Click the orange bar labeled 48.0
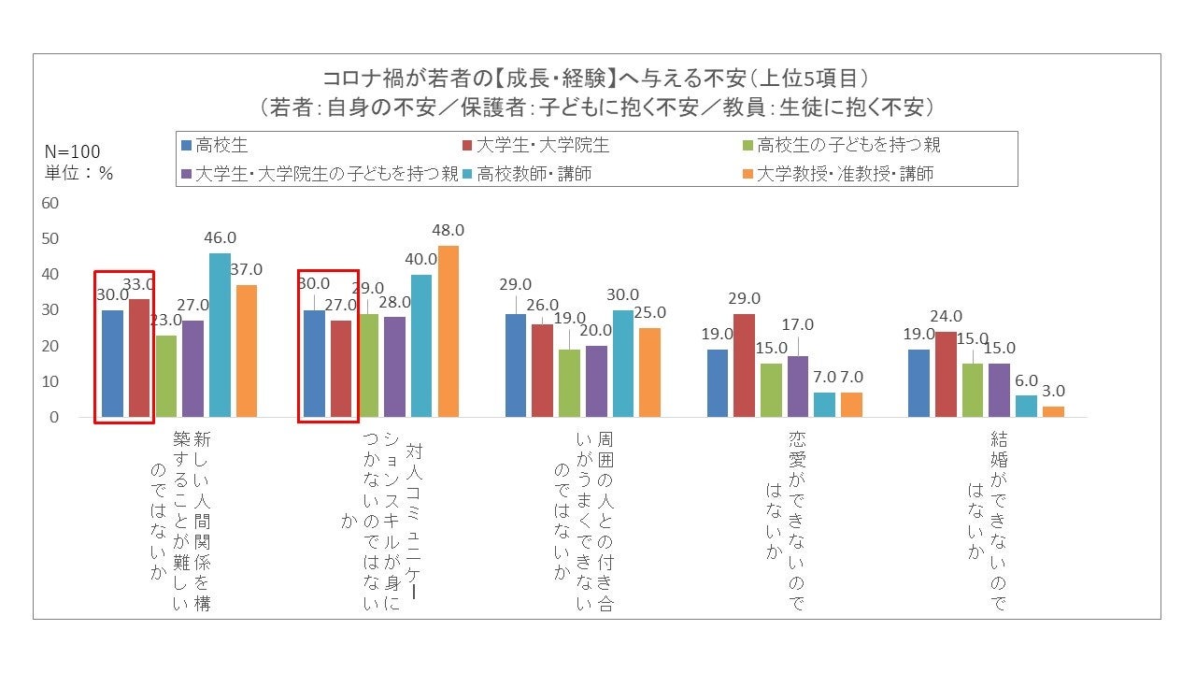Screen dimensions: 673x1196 tap(448, 331)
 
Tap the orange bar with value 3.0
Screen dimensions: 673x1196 tap(1053, 411)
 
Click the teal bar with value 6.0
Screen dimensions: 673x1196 tap(1026, 406)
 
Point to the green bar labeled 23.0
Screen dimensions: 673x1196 tap(166, 376)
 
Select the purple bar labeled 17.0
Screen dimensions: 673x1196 tap(799, 386)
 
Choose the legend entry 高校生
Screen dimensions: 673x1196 tap(216, 146)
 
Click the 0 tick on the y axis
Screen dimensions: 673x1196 tap(54, 418)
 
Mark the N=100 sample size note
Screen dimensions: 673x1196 tap(73, 152)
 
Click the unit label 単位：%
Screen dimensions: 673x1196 tap(78, 173)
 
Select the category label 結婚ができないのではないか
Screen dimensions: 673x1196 tap(988, 519)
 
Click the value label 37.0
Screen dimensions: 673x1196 tap(247, 269)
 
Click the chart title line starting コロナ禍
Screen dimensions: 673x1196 tap(597, 78)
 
